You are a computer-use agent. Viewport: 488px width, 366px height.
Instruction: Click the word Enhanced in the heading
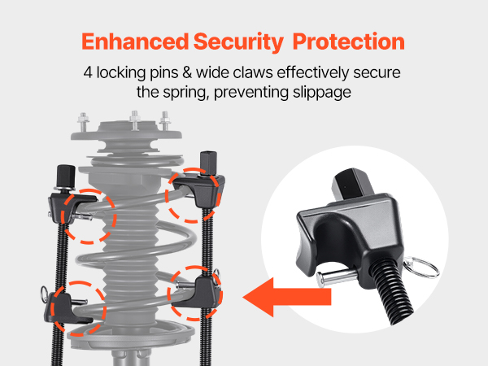coord(135,41)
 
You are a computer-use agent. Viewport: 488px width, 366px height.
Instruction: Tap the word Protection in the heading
coord(349,41)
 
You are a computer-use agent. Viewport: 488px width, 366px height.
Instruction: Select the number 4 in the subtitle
coord(88,73)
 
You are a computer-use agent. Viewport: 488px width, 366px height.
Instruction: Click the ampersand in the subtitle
coord(187,73)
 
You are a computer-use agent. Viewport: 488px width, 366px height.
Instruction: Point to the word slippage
coord(322,93)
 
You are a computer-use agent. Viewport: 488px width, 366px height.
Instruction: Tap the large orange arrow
coord(286,297)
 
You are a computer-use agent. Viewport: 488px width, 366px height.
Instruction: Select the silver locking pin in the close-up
coord(337,277)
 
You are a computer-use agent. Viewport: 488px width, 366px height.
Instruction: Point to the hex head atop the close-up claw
coord(353,185)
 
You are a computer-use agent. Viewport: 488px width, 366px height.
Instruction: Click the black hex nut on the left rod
coord(66,176)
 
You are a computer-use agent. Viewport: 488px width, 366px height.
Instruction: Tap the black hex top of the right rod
coord(208,163)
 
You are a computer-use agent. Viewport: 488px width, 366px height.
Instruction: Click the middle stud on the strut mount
coord(135,120)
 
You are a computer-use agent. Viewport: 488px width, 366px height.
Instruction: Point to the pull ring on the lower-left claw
coord(44,294)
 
